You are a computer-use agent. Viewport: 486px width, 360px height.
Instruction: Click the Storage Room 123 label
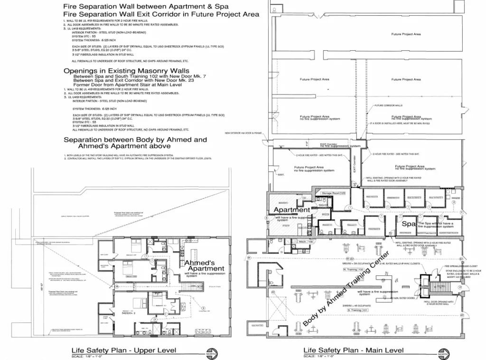coord(333,194)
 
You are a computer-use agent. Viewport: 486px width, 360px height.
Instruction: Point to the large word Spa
coord(409,223)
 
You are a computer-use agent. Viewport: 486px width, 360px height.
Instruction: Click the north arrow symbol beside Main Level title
coord(443,354)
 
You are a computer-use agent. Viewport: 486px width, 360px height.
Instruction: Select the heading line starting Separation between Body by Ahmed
coord(135,140)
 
